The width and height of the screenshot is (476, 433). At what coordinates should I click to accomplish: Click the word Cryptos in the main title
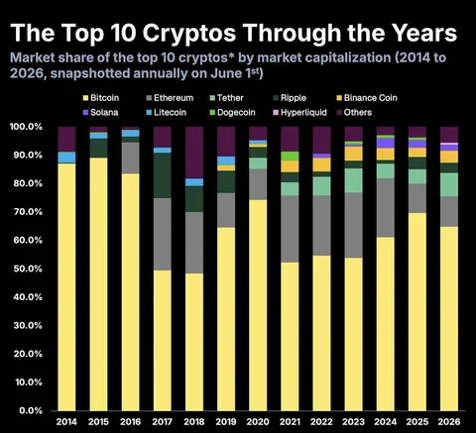click(x=189, y=33)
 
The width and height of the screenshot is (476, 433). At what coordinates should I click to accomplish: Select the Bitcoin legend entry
click(x=101, y=98)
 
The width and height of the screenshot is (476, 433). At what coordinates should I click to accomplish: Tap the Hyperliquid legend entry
click(x=299, y=112)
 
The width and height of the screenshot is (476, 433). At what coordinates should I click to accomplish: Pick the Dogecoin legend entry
click(x=233, y=112)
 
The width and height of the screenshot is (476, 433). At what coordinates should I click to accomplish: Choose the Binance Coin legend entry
click(x=367, y=98)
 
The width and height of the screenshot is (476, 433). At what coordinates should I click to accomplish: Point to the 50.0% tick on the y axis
click(x=28, y=269)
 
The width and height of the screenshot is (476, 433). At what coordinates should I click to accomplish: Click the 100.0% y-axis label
click(x=26, y=127)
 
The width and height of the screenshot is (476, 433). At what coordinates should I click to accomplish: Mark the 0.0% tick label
click(x=31, y=410)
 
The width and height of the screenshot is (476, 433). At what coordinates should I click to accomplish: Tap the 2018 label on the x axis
click(x=194, y=422)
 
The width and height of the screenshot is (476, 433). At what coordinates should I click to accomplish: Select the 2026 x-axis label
click(x=449, y=422)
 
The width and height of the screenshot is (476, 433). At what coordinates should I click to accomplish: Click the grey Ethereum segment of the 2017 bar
click(x=163, y=234)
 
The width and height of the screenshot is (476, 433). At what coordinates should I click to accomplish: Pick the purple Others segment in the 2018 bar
click(x=194, y=153)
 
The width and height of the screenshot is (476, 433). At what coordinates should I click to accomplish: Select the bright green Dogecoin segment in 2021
click(x=290, y=156)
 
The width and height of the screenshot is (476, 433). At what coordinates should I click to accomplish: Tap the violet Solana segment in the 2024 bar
click(x=386, y=143)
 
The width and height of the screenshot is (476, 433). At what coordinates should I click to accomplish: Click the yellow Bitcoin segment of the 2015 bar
click(x=98, y=284)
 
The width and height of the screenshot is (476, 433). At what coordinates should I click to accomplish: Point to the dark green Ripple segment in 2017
click(x=163, y=175)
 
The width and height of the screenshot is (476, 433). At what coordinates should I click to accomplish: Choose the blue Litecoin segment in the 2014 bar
click(x=66, y=158)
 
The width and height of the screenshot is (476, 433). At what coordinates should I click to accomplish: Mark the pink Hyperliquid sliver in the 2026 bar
click(x=449, y=144)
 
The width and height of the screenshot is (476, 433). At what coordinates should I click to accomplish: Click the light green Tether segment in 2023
click(x=354, y=180)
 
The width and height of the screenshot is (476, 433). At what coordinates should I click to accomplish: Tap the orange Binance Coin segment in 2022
click(x=321, y=164)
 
